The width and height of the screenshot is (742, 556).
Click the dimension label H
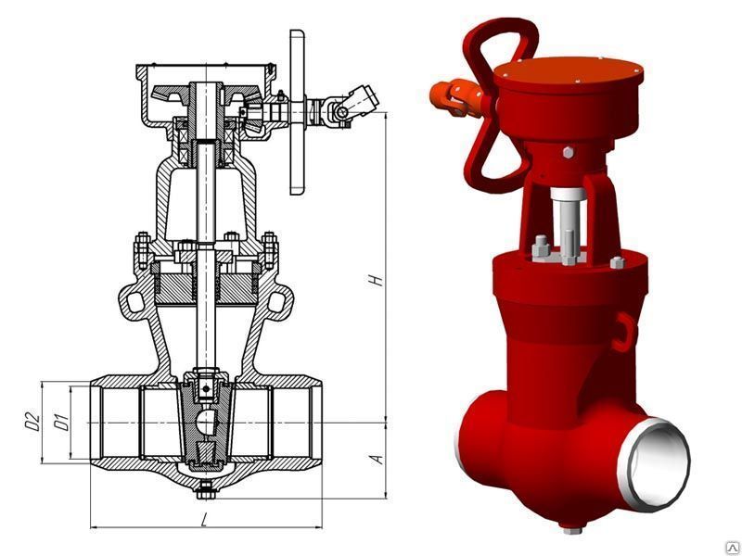point(377,280)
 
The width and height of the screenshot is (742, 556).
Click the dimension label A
point(377,459)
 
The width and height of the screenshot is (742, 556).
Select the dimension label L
point(204,520)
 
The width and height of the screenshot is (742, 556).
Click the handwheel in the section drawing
point(297,112)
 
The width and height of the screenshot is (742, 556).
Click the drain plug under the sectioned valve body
point(206,489)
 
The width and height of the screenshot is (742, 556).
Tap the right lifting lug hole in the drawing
point(275,301)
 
